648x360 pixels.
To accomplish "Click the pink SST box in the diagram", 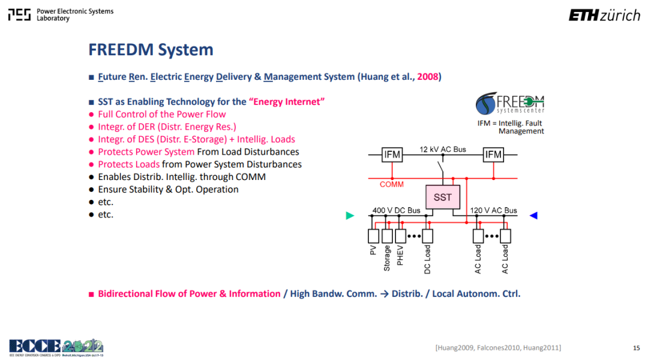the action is click(x=443, y=197).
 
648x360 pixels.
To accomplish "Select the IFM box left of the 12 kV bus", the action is click(x=392, y=155).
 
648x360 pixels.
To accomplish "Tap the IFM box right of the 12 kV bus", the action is click(x=493, y=155).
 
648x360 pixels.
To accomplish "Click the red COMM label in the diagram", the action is click(x=391, y=184).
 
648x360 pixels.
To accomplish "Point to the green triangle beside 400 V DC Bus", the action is click(x=350, y=215).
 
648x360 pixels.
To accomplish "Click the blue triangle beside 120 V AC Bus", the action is click(x=533, y=215).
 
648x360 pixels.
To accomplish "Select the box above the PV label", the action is click(x=373, y=236).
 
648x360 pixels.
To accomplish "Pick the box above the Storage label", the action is click(x=387, y=236).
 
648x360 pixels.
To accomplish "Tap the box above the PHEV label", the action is click(x=400, y=236).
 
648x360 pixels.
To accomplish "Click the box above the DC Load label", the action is click(x=427, y=236).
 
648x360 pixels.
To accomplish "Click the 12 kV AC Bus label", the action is click(x=443, y=149).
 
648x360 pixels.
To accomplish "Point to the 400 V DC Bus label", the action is click(x=396, y=211).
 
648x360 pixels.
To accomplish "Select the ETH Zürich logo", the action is click(x=604, y=15).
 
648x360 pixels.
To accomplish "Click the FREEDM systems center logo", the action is click(x=509, y=103).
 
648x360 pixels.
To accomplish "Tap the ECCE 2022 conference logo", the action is click(x=56, y=347).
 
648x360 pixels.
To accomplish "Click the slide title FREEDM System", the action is click(x=151, y=50).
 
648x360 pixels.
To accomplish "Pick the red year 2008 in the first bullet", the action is click(x=427, y=77).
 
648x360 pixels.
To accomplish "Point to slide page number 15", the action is click(x=636, y=348).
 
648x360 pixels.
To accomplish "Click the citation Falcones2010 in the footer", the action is click(x=499, y=348).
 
